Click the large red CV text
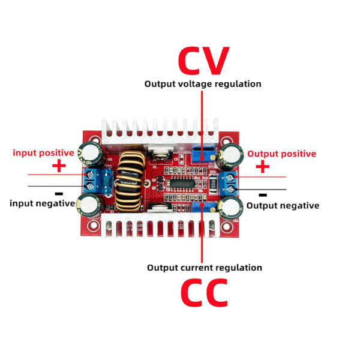click(203, 59)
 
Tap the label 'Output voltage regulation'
click(203, 84)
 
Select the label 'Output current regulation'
click(205, 268)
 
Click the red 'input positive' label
click(44, 152)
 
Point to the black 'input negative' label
click(42, 203)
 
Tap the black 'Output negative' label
click(283, 205)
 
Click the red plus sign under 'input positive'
click(59, 166)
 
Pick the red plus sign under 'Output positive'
click(263, 167)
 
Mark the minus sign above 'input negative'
click(59, 194)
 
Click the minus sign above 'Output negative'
click(262, 194)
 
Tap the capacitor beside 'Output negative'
click(230, 208)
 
